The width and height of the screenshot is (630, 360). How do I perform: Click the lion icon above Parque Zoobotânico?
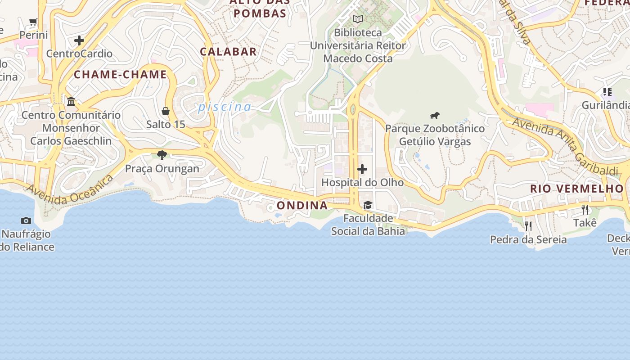point(434,116)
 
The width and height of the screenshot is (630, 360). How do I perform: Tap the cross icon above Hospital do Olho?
point(362,169)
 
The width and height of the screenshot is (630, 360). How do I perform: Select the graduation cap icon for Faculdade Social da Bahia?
point(368,205)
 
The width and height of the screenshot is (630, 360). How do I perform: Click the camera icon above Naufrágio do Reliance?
point(26,220)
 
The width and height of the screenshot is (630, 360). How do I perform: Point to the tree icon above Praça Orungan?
point(162,155)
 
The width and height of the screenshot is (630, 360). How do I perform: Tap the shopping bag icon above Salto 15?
point(166,111)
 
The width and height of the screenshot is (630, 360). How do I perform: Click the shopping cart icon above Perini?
point(33,22)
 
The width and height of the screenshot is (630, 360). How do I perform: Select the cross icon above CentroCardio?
point(79,40)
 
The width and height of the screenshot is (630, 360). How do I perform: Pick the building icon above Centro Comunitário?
point(71,102)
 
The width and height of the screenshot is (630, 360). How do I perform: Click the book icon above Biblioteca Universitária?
point(358,19)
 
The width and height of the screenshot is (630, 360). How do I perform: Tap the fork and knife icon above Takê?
point(585,209)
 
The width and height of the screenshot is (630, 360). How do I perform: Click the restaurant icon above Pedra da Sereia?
point(528,226)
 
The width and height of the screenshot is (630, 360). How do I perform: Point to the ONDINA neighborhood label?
point(302,206)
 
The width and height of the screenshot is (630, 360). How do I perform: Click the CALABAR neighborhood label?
point(228,52)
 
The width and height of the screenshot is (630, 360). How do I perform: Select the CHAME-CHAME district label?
point(120,75)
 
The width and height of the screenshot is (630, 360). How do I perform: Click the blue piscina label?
point(225,107)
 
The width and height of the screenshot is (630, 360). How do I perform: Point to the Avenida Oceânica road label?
point(70,189)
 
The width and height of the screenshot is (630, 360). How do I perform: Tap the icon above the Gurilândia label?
point(607,92)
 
